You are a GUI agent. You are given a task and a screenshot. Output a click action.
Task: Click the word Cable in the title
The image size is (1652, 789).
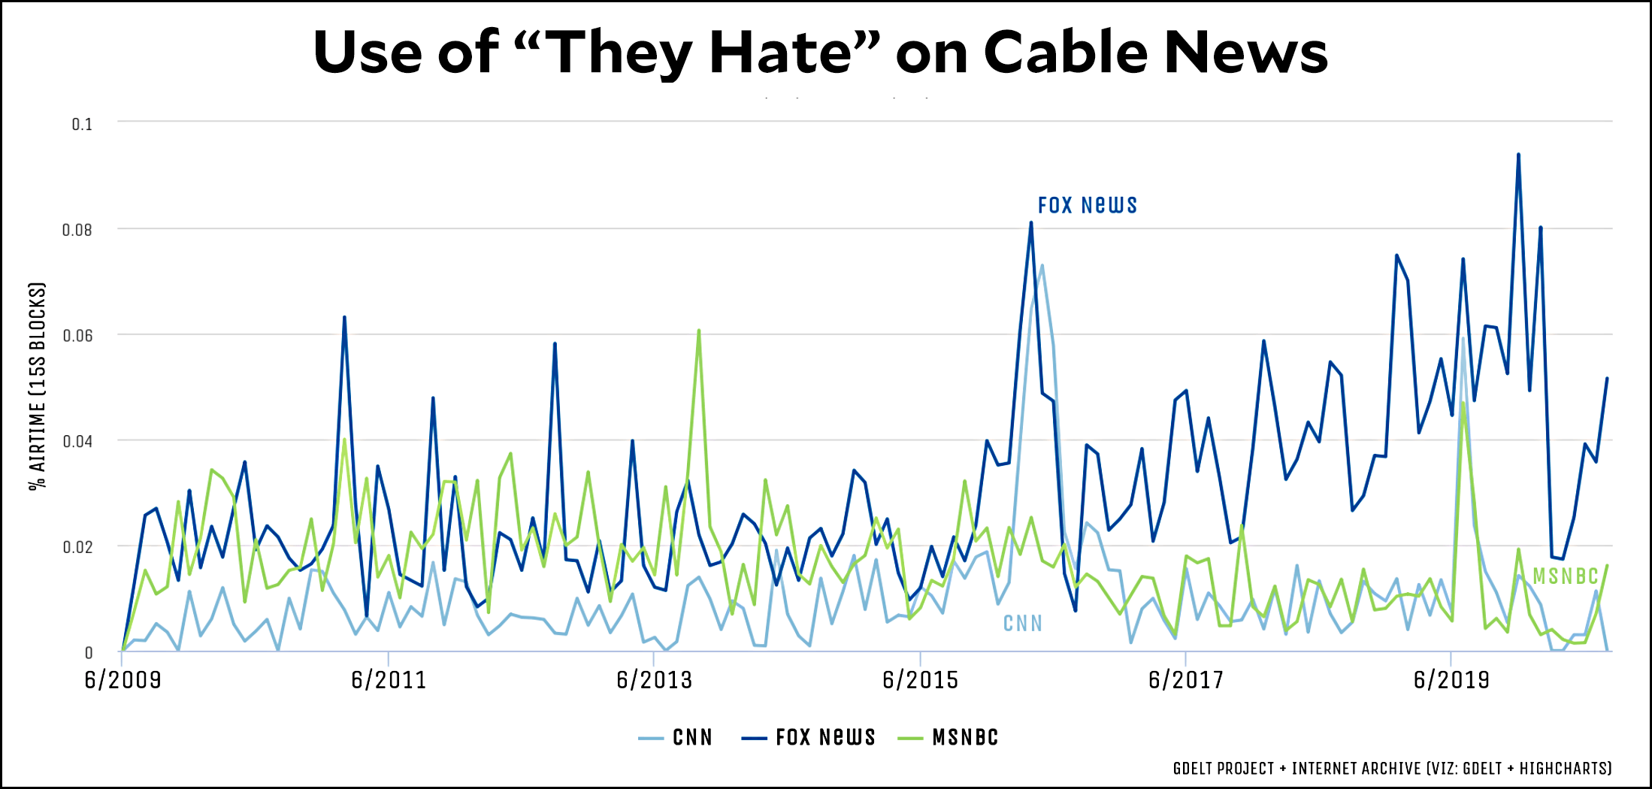[x=1066, y=53]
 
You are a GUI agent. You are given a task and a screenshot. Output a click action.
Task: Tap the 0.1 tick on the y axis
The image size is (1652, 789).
[x=82, y=124]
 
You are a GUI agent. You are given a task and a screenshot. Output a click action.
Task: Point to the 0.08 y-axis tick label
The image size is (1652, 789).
[x=77, y=230]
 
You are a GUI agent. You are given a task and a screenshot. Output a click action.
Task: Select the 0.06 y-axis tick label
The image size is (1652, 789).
[x=77, y=335]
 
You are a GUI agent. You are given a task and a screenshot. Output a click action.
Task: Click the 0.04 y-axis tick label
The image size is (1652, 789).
[x=77, y=441]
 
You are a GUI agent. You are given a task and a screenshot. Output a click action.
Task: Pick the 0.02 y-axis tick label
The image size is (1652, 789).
[x=77, y=547]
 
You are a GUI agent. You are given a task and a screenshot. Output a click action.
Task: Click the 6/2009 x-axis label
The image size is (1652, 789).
[x=123, y=680]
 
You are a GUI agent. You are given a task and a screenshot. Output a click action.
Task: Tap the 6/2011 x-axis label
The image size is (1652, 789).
[x=389, y=680]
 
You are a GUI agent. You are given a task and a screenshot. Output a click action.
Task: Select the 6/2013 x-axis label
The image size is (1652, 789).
[x=654, y=680]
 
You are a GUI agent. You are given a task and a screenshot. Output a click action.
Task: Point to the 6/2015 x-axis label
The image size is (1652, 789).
[x=920, y=680]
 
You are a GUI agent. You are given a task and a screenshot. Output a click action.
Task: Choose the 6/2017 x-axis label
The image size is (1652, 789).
[x=1185, y=680]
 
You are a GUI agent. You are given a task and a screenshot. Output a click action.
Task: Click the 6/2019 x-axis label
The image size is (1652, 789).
[x=1451, y=680]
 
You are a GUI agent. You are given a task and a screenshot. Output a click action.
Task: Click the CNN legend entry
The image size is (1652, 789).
[x=676, y=738]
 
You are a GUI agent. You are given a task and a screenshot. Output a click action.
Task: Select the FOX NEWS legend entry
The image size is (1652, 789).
[x=809, y=738]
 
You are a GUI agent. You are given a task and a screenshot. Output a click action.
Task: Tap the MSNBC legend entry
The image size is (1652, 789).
[x=949, y=738]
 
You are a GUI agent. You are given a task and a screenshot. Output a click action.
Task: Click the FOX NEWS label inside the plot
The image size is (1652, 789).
[x=1087, y=205]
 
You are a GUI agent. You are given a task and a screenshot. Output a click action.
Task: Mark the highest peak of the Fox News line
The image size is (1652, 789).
[x=1518, y=155]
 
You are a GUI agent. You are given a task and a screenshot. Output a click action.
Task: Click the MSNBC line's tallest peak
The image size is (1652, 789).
[x=699, y=331]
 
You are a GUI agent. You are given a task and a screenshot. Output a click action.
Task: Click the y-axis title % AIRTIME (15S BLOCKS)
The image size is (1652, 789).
[x=38, y=386]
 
